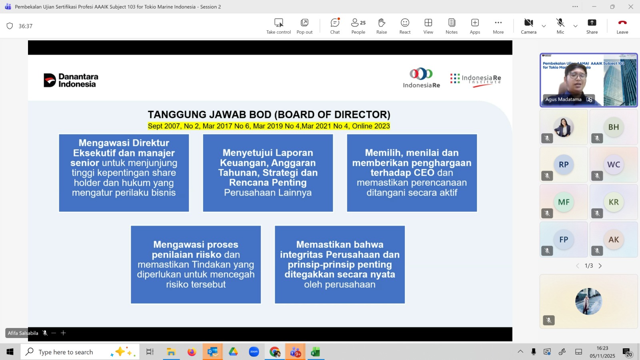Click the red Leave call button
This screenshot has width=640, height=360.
[x=622, y=26]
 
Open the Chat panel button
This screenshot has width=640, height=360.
[x=335, y=26]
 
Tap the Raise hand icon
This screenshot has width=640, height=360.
[x=382, y=22]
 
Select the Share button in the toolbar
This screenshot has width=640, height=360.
[x=592, y=26]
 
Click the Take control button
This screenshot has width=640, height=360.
[x=278, y=26]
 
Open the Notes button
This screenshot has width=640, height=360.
[x=452, y=26]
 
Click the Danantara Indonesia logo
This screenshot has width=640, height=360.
[x=71, y=80]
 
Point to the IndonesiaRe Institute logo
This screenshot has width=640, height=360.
[x=476, y=80]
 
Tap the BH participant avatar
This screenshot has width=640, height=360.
[x=614, y=127]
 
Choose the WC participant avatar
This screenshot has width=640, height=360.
[x=614, y=164]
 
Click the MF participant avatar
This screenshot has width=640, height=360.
[x=564, y=202]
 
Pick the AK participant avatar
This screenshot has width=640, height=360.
[x=614, y=240]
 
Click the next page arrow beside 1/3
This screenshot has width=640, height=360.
[x=600, y=266]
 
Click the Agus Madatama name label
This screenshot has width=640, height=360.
[x=563, y=100]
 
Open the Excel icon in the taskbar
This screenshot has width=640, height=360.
[x=315, y=352]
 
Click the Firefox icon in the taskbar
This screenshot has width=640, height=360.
[x=192, y=352]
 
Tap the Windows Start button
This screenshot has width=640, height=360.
[x=10, y=352]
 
